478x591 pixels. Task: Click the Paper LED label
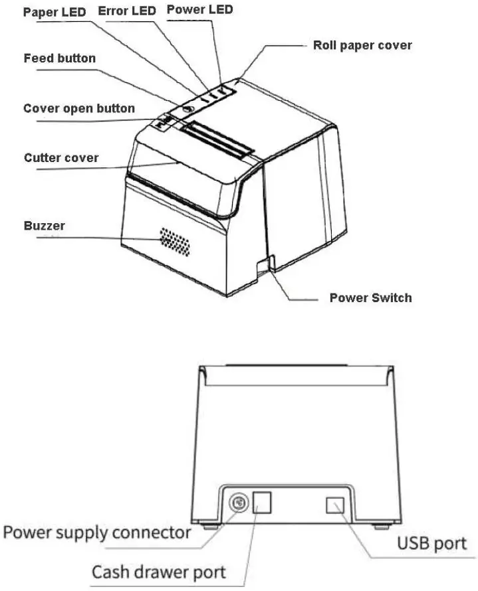coord(55,13)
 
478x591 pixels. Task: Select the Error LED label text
coord(126,11)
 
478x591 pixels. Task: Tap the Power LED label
coord(200,9)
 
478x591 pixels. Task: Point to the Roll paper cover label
coord(362,46)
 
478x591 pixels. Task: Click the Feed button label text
coord(59,58)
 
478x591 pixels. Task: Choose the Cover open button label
coord(79,108)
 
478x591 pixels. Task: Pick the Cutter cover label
coord(61,158)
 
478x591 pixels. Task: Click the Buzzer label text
coord(45,226)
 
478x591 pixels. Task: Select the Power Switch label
coord(370,297)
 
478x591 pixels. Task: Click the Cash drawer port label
coord(158,572)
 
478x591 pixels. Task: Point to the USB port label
coord(432,544)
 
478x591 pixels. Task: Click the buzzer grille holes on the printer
coord(175,242)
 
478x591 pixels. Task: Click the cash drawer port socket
coord(264,503)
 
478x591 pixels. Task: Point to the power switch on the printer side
coord(264,264)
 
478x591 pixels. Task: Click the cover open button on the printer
coord(164,122)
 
